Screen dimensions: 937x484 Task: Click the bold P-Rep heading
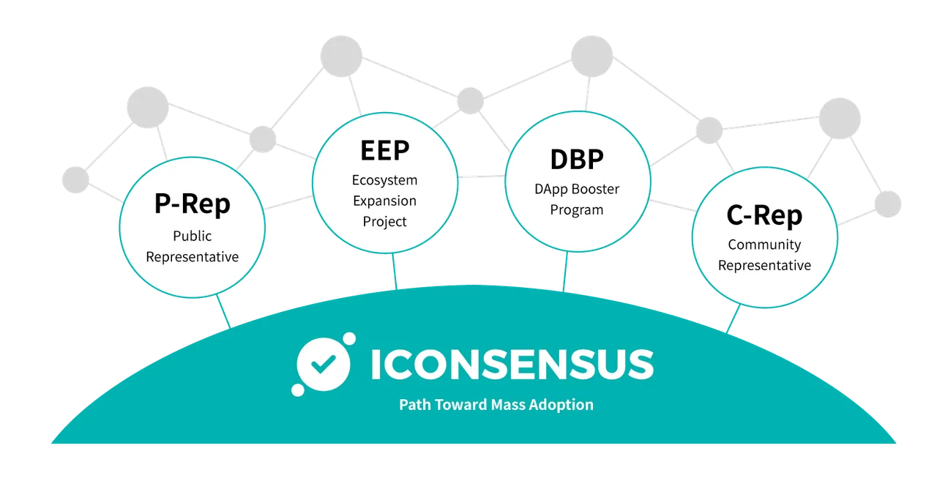tap(192, 204)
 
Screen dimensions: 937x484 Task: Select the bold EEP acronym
tap(385, 151)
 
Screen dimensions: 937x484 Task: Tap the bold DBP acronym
tap(577, 160)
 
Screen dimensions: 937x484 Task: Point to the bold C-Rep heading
tap(764, 215)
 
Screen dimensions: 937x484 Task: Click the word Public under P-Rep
tap(192, 236)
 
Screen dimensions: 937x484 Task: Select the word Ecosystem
tap(384, 181)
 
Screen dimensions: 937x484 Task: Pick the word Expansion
tap(384, 201)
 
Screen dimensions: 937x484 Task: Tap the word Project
tap(384, 222)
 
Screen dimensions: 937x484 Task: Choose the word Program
tap(576, 210)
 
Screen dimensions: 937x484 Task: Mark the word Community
tap(764, 245)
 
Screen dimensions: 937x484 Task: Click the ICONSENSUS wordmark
tap(512, 365)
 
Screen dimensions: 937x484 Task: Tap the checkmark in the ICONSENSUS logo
tap(324, 365)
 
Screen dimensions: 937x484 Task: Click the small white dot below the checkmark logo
tap(297, 390)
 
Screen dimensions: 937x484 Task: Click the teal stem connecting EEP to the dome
tap(395, 271)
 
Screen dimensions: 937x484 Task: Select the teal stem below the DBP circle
tap(565, 272)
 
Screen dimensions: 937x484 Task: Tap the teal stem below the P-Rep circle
tap(223, 312)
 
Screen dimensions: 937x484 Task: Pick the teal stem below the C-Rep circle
tap(733, 319)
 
